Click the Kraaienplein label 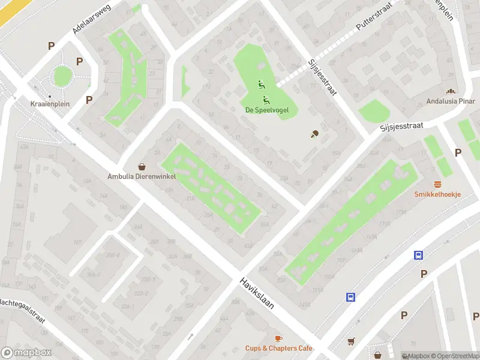[50, 104]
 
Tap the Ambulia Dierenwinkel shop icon [142, 167]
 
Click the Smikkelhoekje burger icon [437, 184]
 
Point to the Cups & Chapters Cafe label [278, 348]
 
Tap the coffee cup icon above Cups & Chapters [278, 339]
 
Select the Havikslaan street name [257, 293]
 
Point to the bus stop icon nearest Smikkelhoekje [418, 255]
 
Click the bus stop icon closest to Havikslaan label [350, 296]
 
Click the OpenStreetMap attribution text [455, 356]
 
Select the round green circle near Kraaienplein [62, 76]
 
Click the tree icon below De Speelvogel [314, 134]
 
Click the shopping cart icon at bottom [351, 341]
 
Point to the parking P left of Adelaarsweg [52, 46]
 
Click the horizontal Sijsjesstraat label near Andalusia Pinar [401, 127]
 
